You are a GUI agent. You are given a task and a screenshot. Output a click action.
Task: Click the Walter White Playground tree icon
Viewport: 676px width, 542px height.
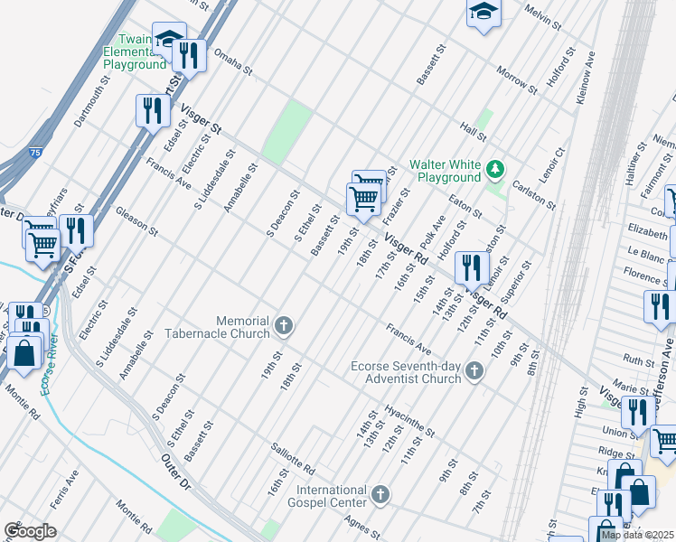tap(494, 169)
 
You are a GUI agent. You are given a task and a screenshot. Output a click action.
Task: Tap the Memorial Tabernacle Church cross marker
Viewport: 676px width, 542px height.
tap(284, 326)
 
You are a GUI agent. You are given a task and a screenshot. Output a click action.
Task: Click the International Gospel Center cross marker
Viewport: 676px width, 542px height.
tap(380, 495)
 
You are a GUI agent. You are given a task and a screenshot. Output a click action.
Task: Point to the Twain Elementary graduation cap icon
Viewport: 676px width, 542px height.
tap(168, 38)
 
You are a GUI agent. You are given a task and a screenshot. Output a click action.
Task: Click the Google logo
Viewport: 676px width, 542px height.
tap(29, 530)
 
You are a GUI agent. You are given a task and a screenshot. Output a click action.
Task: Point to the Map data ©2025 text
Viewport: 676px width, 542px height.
tap(637, 535)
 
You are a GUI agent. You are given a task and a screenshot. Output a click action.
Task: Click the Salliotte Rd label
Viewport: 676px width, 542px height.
tap(291, 459)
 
